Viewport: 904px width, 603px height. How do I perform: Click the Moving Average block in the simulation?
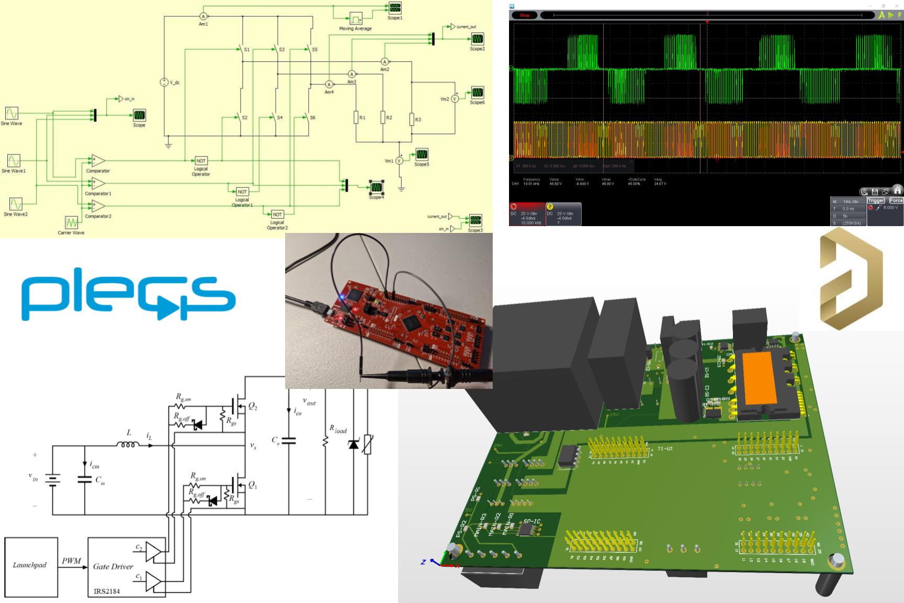point(356,18)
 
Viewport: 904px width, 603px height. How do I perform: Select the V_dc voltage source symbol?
point(164,82)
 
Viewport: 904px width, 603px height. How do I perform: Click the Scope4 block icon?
point(376,187)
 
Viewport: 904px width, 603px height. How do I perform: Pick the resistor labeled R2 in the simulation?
point(383,118)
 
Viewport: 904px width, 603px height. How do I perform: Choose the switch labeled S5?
point(308,50)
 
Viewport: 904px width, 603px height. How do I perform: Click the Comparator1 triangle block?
point(98,183)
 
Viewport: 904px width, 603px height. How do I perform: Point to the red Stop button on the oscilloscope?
point(525,15)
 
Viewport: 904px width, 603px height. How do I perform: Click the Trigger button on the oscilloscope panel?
point(876,200)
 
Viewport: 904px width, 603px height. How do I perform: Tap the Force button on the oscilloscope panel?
point(896,200)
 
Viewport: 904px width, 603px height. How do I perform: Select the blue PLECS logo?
point(128,293)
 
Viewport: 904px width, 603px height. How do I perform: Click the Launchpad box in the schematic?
point(30,566)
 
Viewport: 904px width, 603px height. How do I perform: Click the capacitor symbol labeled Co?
point(288,441)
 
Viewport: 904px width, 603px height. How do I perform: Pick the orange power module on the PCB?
point(760,378)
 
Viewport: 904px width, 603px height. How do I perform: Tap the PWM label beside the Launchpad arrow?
point(71,561)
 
